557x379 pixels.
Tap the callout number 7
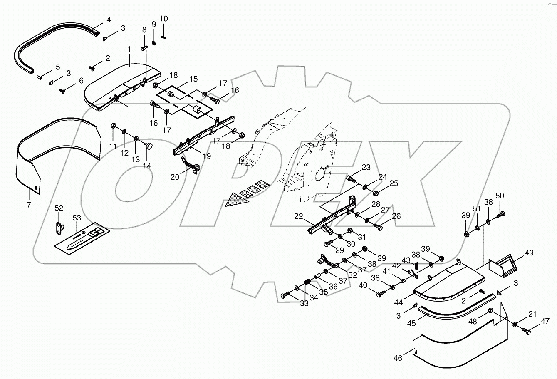point(29,204)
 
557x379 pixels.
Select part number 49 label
point(529,253)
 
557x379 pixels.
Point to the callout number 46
point(398,358)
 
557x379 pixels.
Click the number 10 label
point(163,19)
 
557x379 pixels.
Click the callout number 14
point(148,166)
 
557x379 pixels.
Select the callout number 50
point(500,196)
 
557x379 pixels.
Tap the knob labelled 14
point(149,145)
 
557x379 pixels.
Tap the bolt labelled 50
point(501,214)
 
